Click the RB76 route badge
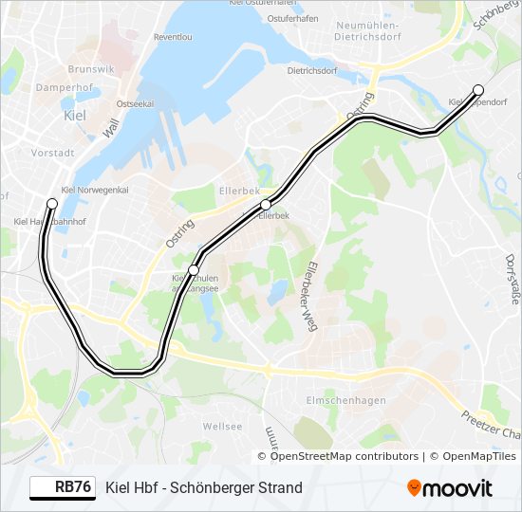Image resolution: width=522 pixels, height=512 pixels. click(x=63, y=487)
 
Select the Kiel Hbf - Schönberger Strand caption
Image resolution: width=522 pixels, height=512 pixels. click(x=204, y=488)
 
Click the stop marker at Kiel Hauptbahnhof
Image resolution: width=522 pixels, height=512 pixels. click(x=52, y=204)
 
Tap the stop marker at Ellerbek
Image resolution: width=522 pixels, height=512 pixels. click(x=266, y=205)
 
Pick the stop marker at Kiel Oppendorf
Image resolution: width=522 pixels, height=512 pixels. click(x=478, y=90)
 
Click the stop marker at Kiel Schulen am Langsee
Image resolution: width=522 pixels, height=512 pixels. click(x=194, y=270)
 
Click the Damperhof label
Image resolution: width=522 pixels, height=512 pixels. click(x=62, y=86)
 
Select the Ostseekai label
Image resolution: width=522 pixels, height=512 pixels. click(x=134, y=103)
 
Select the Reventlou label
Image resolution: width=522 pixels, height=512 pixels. click(x=172, y=36)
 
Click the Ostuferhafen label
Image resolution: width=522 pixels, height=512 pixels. click(x=291, y=18)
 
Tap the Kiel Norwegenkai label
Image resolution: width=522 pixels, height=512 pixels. click(x=93, y=189)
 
